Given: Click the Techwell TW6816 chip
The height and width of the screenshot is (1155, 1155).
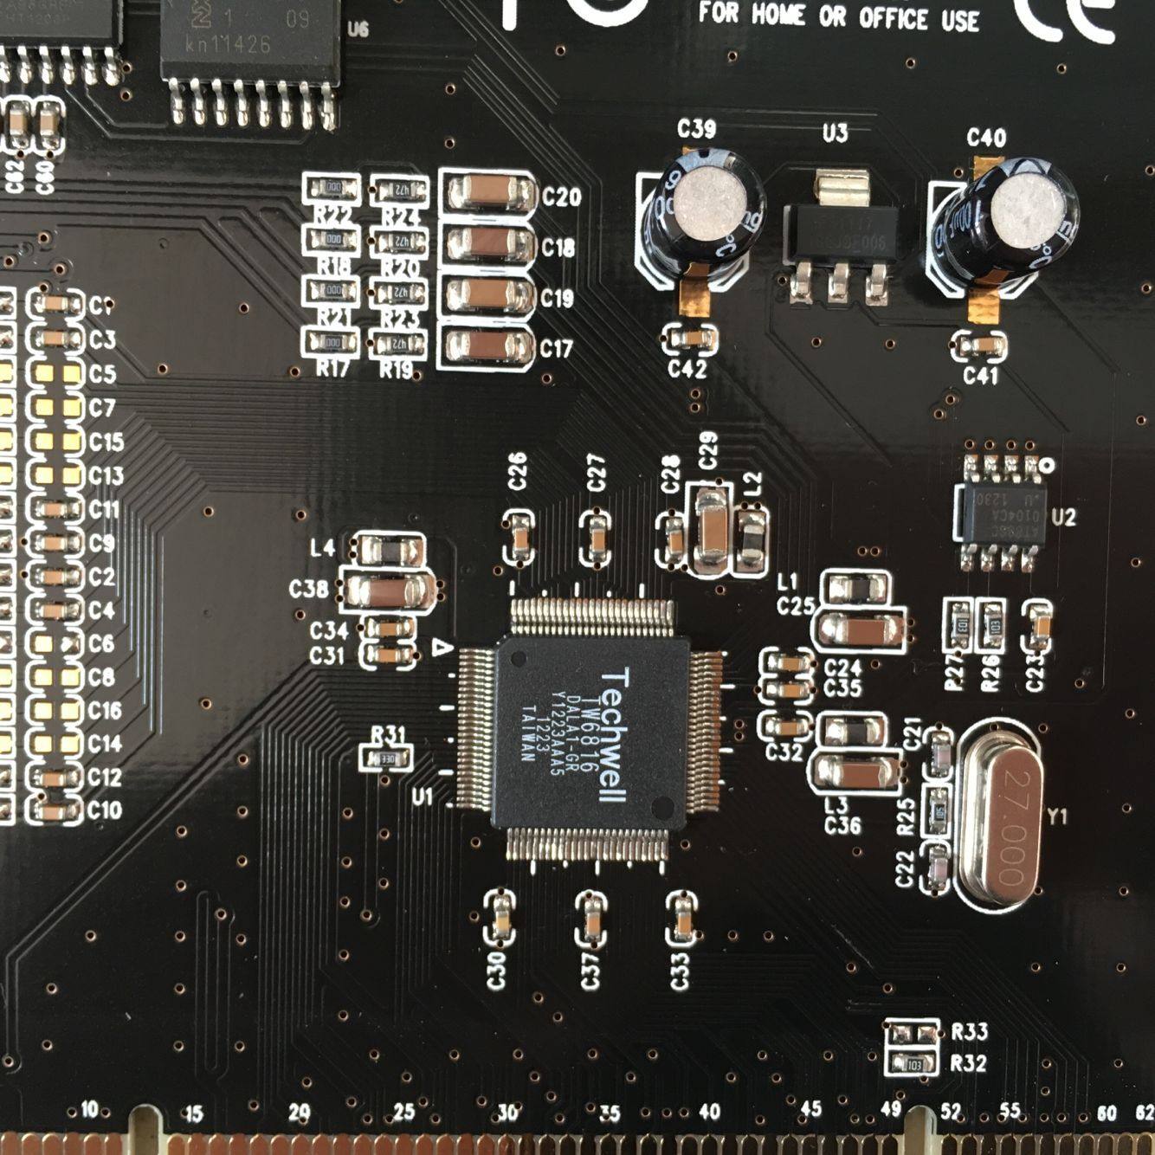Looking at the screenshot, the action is coord(590,736).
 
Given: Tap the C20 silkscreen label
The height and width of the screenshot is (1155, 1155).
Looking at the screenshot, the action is coord(560,197).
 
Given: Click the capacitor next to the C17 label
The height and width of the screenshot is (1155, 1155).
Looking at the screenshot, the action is coord(487,346).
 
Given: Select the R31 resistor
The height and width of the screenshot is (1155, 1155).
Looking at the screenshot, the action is coord(385,758).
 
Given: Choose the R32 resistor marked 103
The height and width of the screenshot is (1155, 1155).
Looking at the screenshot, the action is coord(913,1062).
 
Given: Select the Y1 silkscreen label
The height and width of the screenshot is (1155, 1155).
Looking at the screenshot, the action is coord(1057,816).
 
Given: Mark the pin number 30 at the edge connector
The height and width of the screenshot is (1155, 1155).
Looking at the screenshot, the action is coord(507,1113).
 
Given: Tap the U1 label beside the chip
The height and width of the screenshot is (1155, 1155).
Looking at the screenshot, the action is coord(423,796).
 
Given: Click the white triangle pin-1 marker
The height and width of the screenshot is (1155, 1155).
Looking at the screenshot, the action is coord(442,647).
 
